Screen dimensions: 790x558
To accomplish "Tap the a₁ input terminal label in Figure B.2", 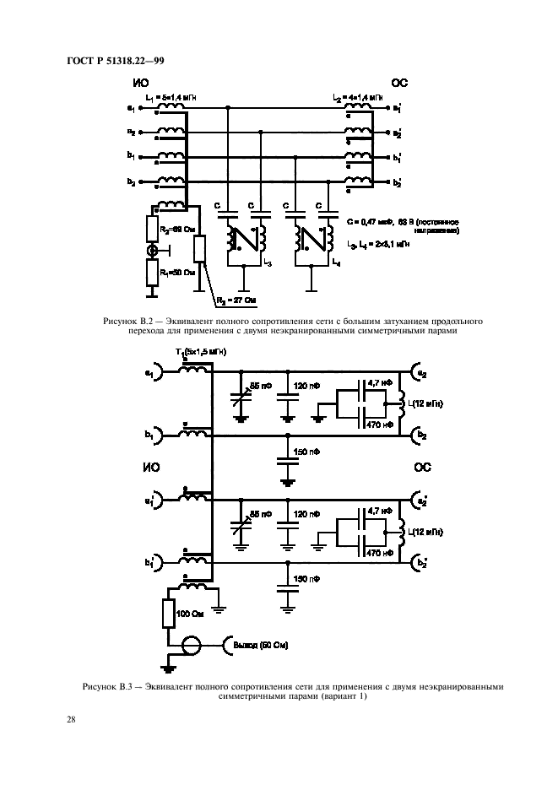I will (x=130, y=108).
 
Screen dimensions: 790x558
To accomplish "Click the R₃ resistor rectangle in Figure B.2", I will (x=199, y=250).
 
